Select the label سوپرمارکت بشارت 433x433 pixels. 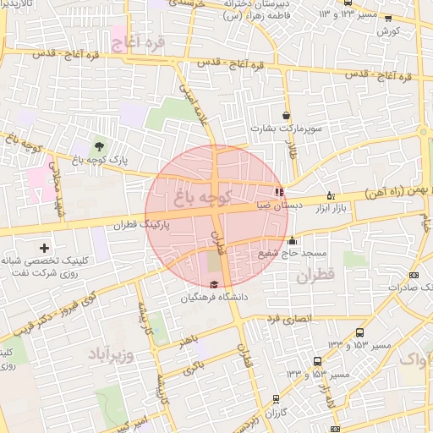coord(287,129)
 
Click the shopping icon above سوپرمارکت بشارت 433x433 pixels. coord(287,116)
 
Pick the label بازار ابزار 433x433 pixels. coord(332,206)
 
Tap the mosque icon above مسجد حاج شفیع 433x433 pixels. coord(293,239)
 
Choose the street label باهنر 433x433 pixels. coord(189,342)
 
